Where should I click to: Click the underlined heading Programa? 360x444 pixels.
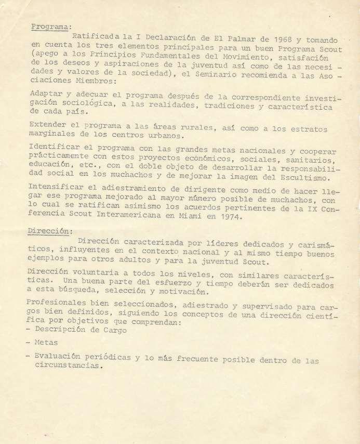point(50,27)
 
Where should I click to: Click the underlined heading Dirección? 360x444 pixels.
point(50,231)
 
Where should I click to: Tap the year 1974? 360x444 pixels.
point(232,217)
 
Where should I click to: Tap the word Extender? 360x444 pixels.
point(48,125)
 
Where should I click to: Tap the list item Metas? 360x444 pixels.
point(46,343)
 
